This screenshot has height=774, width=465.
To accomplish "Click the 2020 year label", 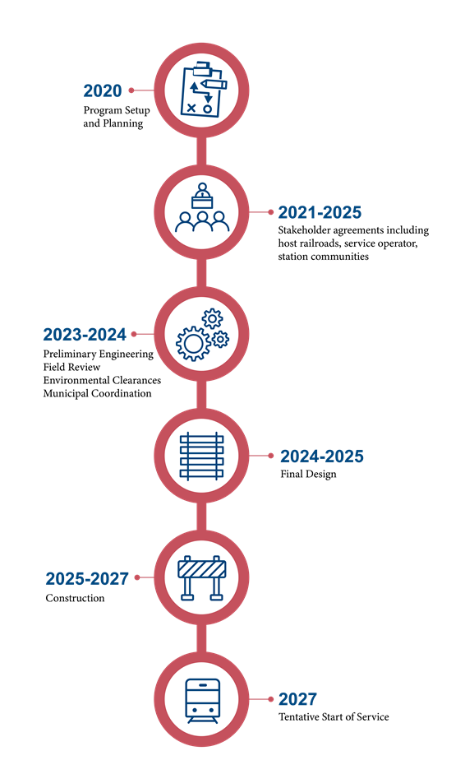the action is (x=102, y=90).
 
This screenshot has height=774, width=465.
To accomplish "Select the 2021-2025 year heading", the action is (x=320, y=212).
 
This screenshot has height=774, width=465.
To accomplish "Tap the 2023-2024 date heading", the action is (x=85, y=334).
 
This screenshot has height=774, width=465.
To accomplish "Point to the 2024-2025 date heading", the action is (x=321, y=457).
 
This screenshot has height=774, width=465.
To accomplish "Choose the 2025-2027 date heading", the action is (x=87, y=578).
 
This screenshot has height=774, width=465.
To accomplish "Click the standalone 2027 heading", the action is (x=297, y=699).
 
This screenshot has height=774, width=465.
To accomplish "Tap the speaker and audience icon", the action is (x=202, y=208).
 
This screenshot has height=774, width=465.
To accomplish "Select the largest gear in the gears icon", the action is (x=193, y=342).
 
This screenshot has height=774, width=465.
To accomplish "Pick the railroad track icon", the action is (x=201, y=457).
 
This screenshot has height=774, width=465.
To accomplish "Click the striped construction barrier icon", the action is (x=201, y=578).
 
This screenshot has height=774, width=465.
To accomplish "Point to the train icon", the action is (x=202, y=701).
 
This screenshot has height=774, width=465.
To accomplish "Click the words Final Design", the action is (x=308, y=474).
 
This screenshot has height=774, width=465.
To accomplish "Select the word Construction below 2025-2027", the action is (x=75, y=598).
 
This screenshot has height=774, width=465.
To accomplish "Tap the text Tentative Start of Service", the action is (x=334, y=716).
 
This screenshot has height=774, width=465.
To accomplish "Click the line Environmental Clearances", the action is (x=102, y=380).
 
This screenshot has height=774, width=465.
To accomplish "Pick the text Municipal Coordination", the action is (x=97, y=393).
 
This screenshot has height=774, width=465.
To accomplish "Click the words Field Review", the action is (x=71, y=367).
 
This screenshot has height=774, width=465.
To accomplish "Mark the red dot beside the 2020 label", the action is (x=131, y=90).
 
